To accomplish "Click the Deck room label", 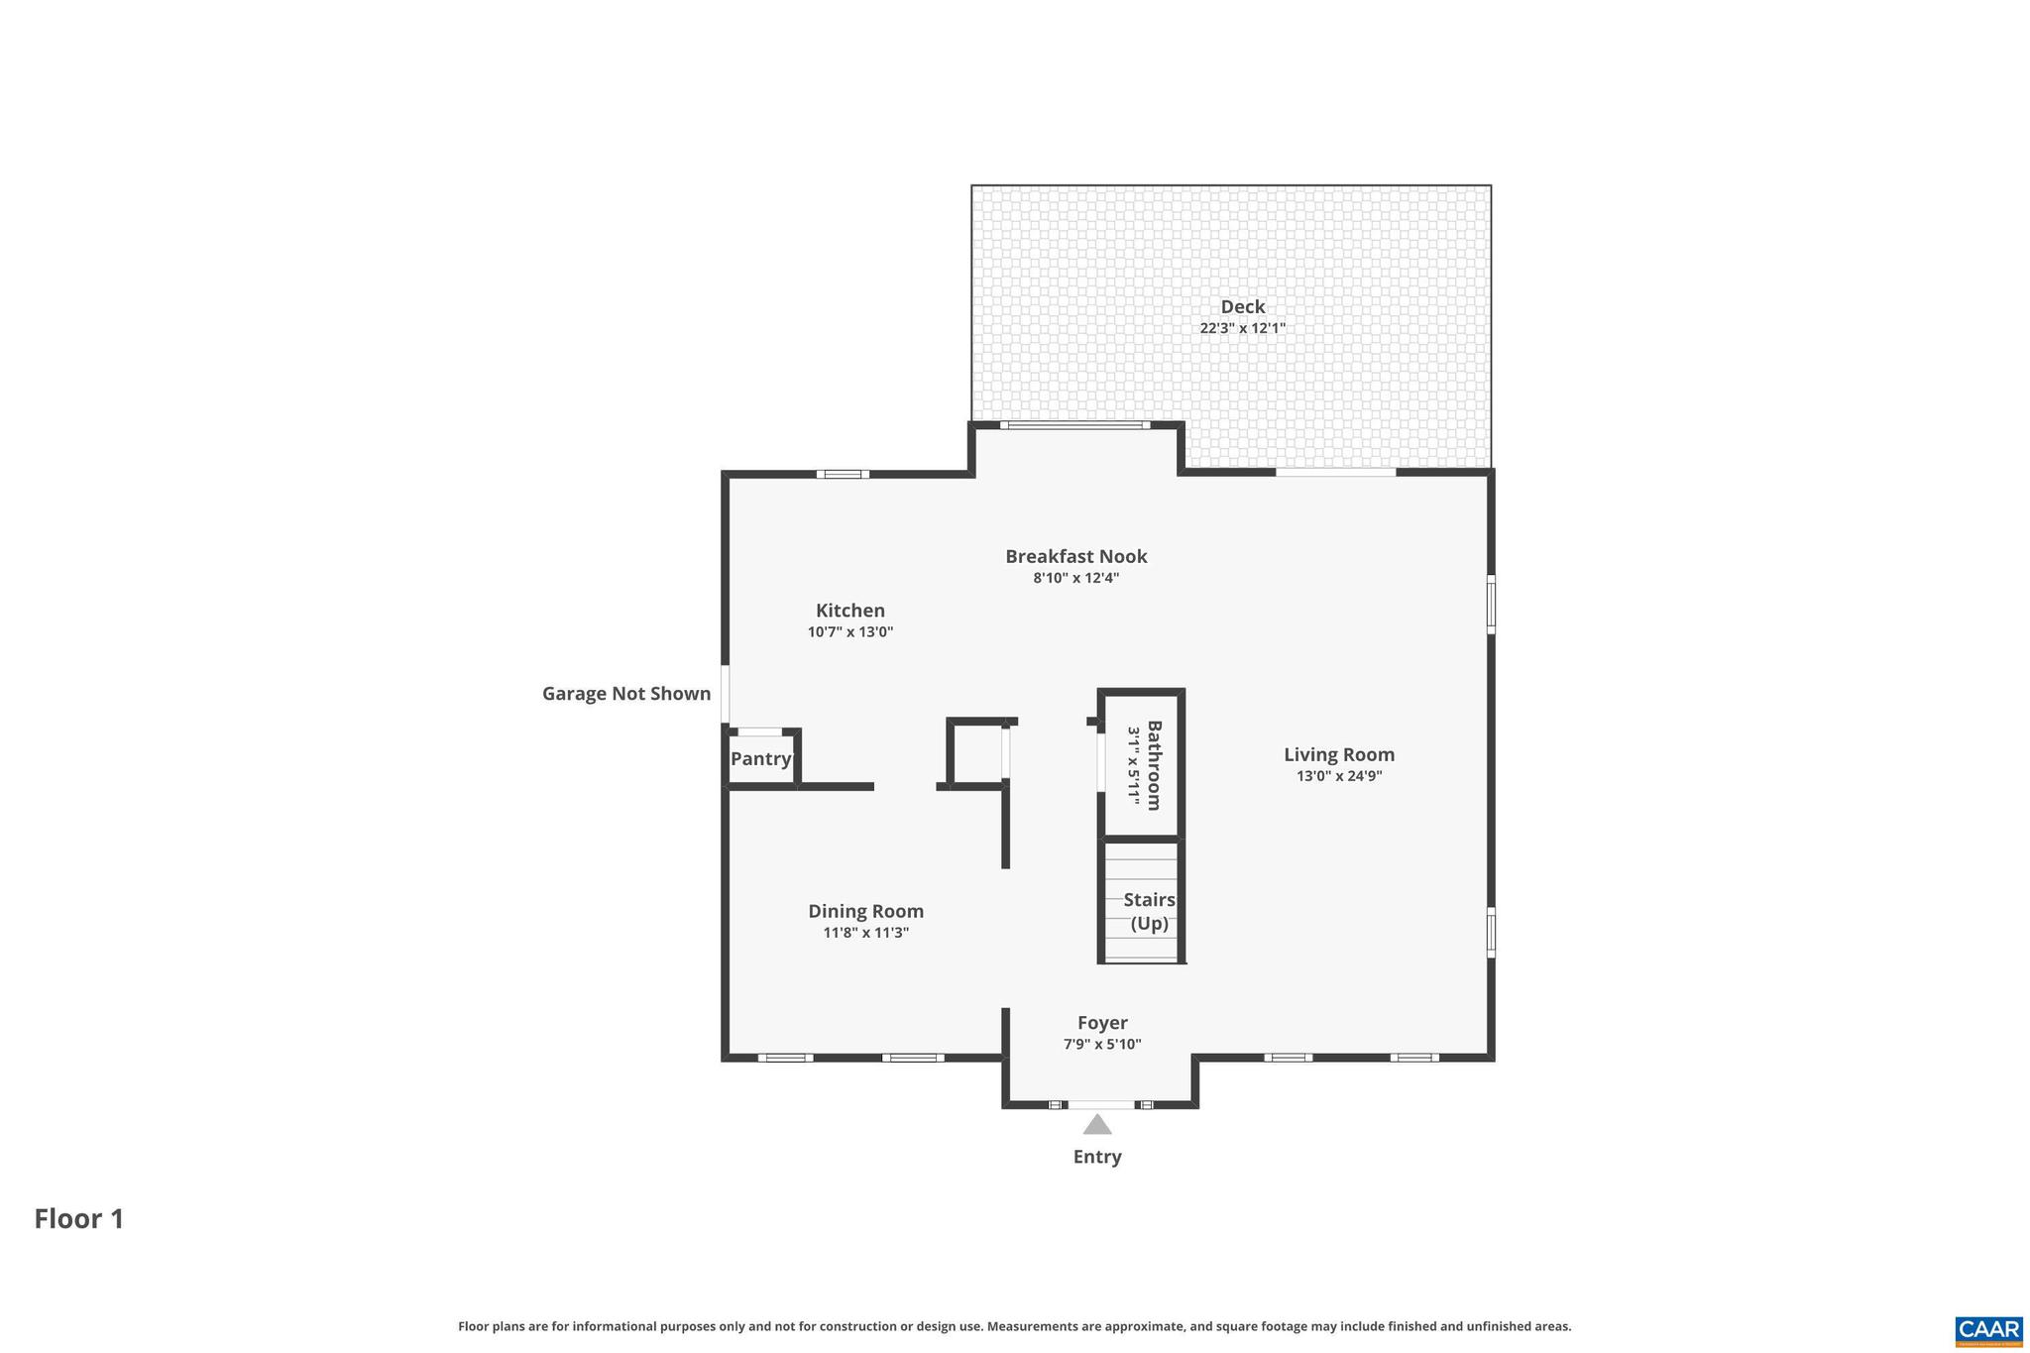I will [1242, 307].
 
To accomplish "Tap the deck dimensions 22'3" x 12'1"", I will [1242, 328].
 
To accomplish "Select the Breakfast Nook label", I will [1075, 557].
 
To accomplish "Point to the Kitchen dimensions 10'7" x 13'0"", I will [850, 632].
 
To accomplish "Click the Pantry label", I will [761, 759].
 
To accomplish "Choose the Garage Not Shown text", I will [625, 694].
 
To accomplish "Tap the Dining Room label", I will [865, 911].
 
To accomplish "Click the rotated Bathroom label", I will [1154, 765].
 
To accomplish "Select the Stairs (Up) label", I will [1149, 912].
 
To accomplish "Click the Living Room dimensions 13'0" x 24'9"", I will [1338, 776].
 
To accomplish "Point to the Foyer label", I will [1102, 1023].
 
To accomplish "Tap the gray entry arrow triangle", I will [1096, 1126].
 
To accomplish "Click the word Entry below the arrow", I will [1096, 1157].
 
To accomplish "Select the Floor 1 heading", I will [79, 1219].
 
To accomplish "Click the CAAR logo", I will [1988, 1329].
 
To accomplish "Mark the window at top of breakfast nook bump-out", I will [1074, 425].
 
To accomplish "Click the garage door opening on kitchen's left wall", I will [726, 694].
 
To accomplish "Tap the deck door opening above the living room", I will [1334, 473].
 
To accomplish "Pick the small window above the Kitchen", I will [843, 474].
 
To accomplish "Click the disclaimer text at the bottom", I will [1014, 1326].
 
